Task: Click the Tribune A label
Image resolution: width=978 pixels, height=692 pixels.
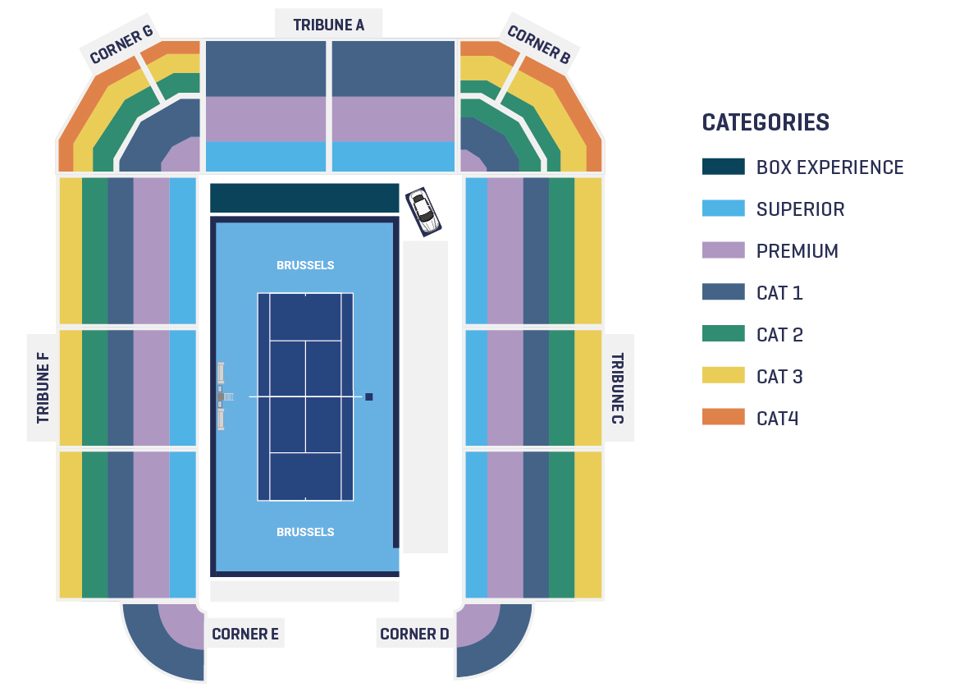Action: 328,25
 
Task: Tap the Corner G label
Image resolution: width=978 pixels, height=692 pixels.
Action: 121,44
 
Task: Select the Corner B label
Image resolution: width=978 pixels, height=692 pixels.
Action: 539,44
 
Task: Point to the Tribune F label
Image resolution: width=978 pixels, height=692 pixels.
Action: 43,387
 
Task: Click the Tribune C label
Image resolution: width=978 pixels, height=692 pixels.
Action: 617,388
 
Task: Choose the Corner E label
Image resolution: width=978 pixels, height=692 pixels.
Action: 245,634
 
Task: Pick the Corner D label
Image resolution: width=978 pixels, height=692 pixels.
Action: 414,634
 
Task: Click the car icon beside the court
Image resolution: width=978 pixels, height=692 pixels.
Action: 423,212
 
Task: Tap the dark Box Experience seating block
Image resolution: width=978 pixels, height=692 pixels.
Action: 304,198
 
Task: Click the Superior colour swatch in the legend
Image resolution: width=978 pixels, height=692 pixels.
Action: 724,209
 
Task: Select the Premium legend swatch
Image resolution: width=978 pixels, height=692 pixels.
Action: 724,250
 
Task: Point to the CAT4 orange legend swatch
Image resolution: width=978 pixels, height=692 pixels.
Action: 724,417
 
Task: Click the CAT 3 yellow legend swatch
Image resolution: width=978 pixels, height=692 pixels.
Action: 724,375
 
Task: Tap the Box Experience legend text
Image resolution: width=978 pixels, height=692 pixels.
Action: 829,167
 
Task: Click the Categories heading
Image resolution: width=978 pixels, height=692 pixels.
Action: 766,122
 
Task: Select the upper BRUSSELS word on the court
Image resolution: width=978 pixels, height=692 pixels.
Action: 305,265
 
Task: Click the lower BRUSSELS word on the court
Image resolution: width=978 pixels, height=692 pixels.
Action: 305,532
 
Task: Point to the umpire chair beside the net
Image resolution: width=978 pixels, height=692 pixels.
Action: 222,396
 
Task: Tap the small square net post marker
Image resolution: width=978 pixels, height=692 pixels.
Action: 369,396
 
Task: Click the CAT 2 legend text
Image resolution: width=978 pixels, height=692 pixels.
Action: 779,335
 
